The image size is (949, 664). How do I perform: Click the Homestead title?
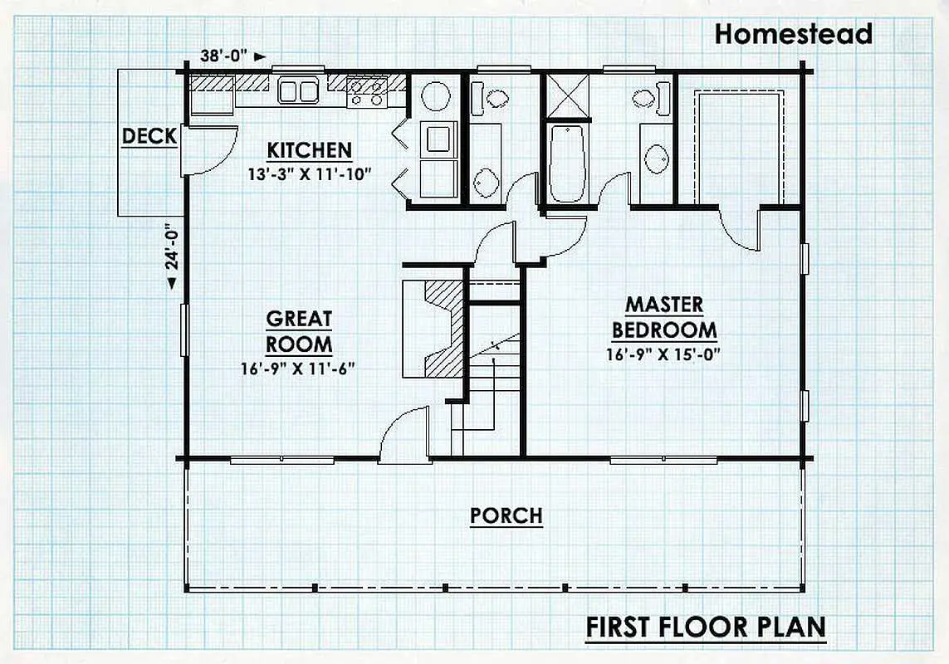click(793, 34)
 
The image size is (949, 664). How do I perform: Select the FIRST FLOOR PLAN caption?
click(706, 627)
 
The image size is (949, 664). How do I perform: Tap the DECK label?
click(149, 136)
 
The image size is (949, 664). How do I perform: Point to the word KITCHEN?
click(309, 150)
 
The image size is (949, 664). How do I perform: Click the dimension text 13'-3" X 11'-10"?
click(309, 174)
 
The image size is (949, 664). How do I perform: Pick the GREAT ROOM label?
click(299, 331)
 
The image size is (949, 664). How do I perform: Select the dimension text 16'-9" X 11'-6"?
click(298, 368)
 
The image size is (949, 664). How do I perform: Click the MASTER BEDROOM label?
click(664, 317)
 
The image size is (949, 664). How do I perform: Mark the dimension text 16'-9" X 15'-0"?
click(663, 354)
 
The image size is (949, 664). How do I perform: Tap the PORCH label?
click(506, 515)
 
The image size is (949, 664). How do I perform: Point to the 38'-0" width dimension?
click(233, 56)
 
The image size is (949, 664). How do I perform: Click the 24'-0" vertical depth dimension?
click(173, 252)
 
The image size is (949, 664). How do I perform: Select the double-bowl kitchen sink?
click(298, 90)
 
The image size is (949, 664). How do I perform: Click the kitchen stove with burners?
click(367, 93)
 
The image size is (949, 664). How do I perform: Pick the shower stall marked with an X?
click(568, 95)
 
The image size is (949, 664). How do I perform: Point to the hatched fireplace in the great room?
click(433, 329)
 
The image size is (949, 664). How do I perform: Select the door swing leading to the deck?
click(209, 150)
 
